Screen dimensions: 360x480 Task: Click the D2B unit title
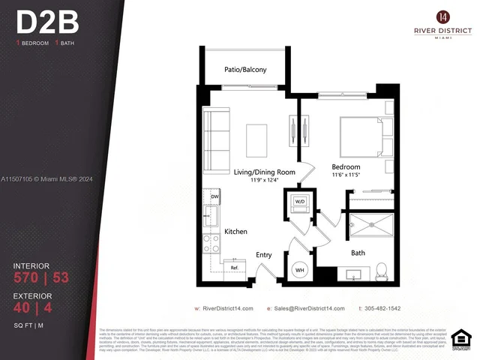click(x=46, y=23)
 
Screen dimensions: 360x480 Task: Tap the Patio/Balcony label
click(x=245, y=70)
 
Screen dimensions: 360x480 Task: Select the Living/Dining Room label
click(x=263, y=172)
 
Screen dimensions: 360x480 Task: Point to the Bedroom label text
click(x=346, y=166)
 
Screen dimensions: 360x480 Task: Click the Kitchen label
click(x=235, y=232)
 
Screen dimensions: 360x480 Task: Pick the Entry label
click(x=264, y=255)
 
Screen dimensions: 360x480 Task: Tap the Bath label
click(x=358, y=253)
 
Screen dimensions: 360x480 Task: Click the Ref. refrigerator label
click(x=234, y=268)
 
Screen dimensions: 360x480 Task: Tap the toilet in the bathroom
click(x=380, y=269)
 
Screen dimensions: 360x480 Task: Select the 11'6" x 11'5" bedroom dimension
click(x=346, y=175)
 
